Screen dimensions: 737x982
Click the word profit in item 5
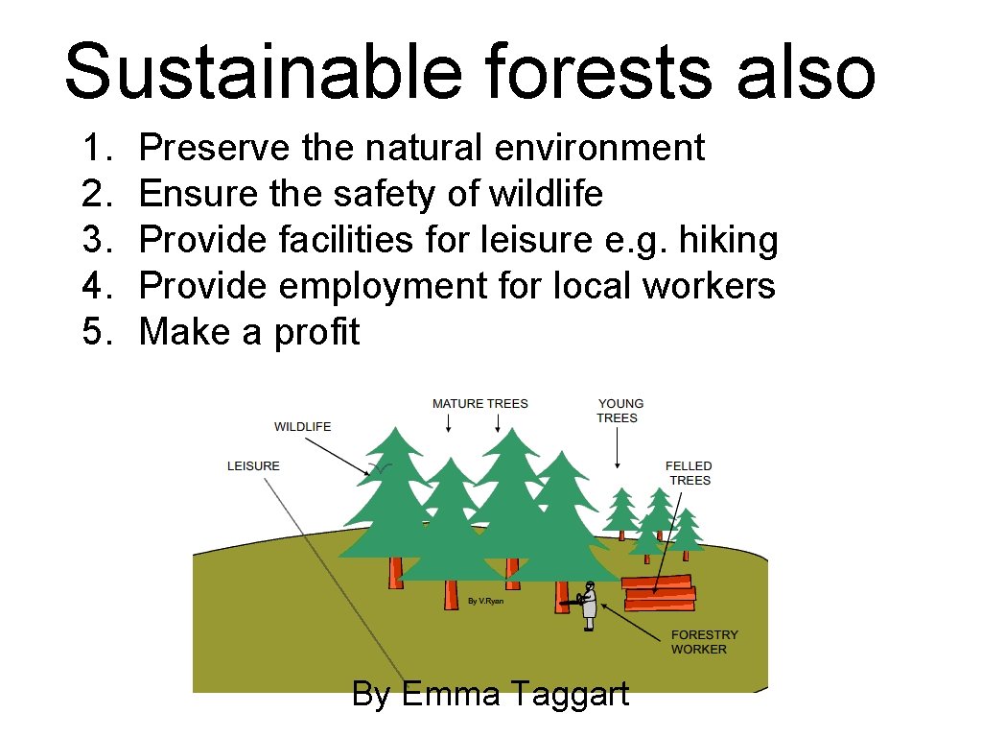[316, 332]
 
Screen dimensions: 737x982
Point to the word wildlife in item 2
[545, 194]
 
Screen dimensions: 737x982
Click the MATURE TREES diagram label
[479, 404]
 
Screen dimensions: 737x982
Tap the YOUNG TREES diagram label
[620, 411]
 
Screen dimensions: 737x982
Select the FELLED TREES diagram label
[689, 473]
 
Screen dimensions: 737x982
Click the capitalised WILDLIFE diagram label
[302, 427]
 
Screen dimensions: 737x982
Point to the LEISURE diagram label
[253, 466]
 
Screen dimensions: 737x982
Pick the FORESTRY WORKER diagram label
[704, 642]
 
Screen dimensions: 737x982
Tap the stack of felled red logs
[658, 592]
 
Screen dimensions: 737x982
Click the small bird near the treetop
[380, 468]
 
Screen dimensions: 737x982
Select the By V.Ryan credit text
[485, 602]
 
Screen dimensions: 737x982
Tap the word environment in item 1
[599, 148]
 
